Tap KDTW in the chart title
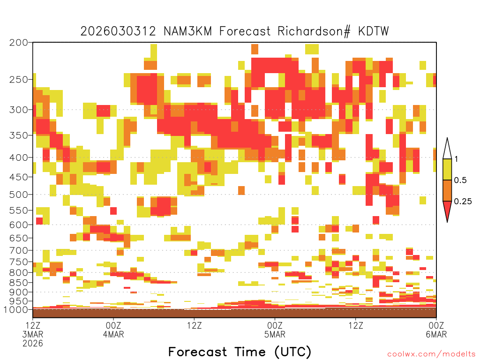coord(374,31)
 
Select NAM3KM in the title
coord(187,31)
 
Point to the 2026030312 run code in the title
coord(118,31)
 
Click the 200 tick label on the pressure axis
coord(19,43)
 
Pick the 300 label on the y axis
coord(19,110)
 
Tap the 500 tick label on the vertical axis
coord(19,195)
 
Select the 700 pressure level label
coord(19,250)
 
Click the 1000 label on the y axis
coord(15,309)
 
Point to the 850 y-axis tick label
coord(19,283)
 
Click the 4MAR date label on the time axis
coord(113,334)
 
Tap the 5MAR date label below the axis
coord(275,334)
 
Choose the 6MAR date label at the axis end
coord(436,334)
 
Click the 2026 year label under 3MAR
coord(33,344)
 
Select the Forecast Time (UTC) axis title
coord(240,352)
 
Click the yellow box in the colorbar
coord(447,169)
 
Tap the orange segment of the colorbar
coord(447,190)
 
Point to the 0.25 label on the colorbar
coord(463,202)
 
